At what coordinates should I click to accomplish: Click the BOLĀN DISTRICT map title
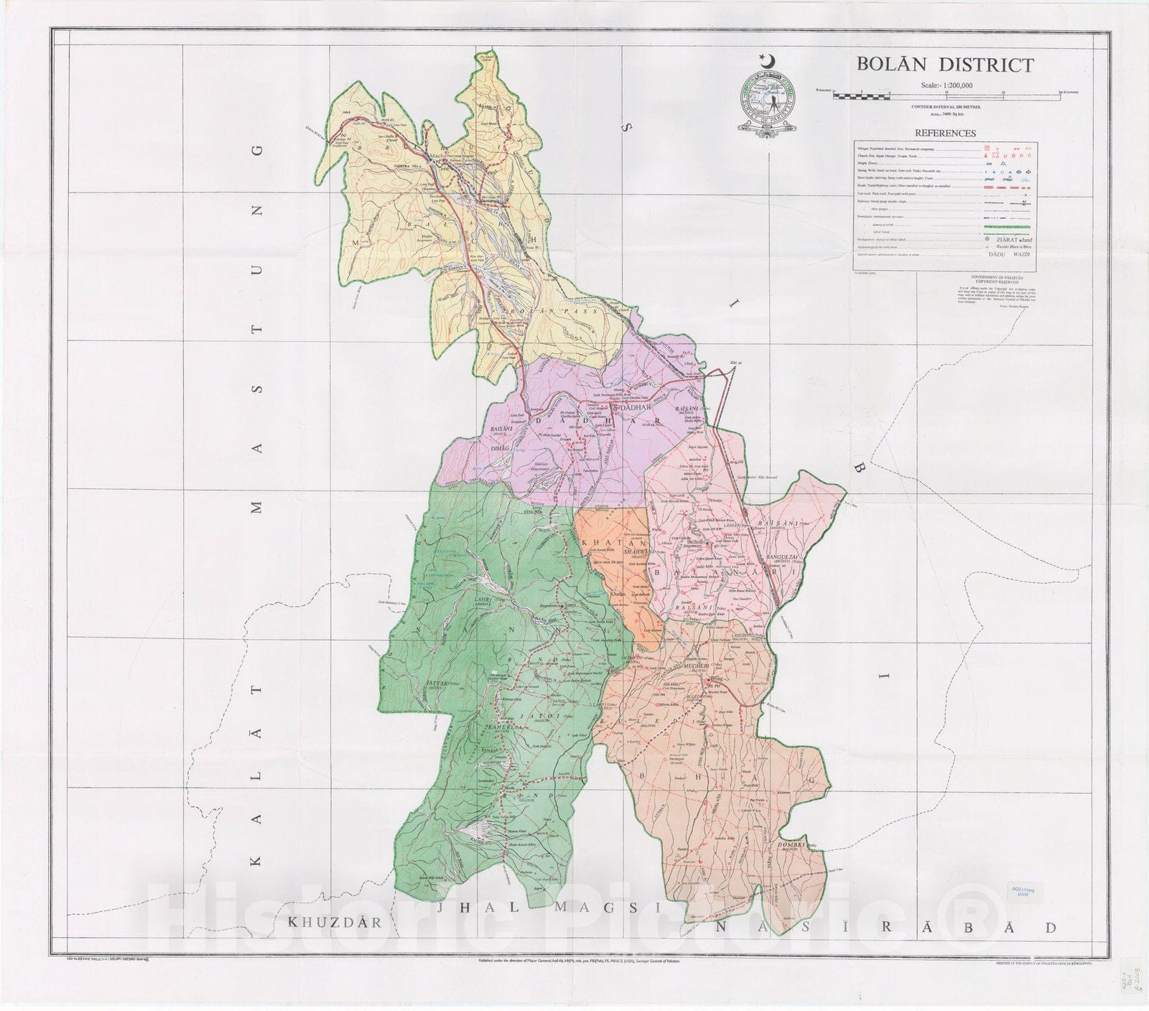click(944, 65)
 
